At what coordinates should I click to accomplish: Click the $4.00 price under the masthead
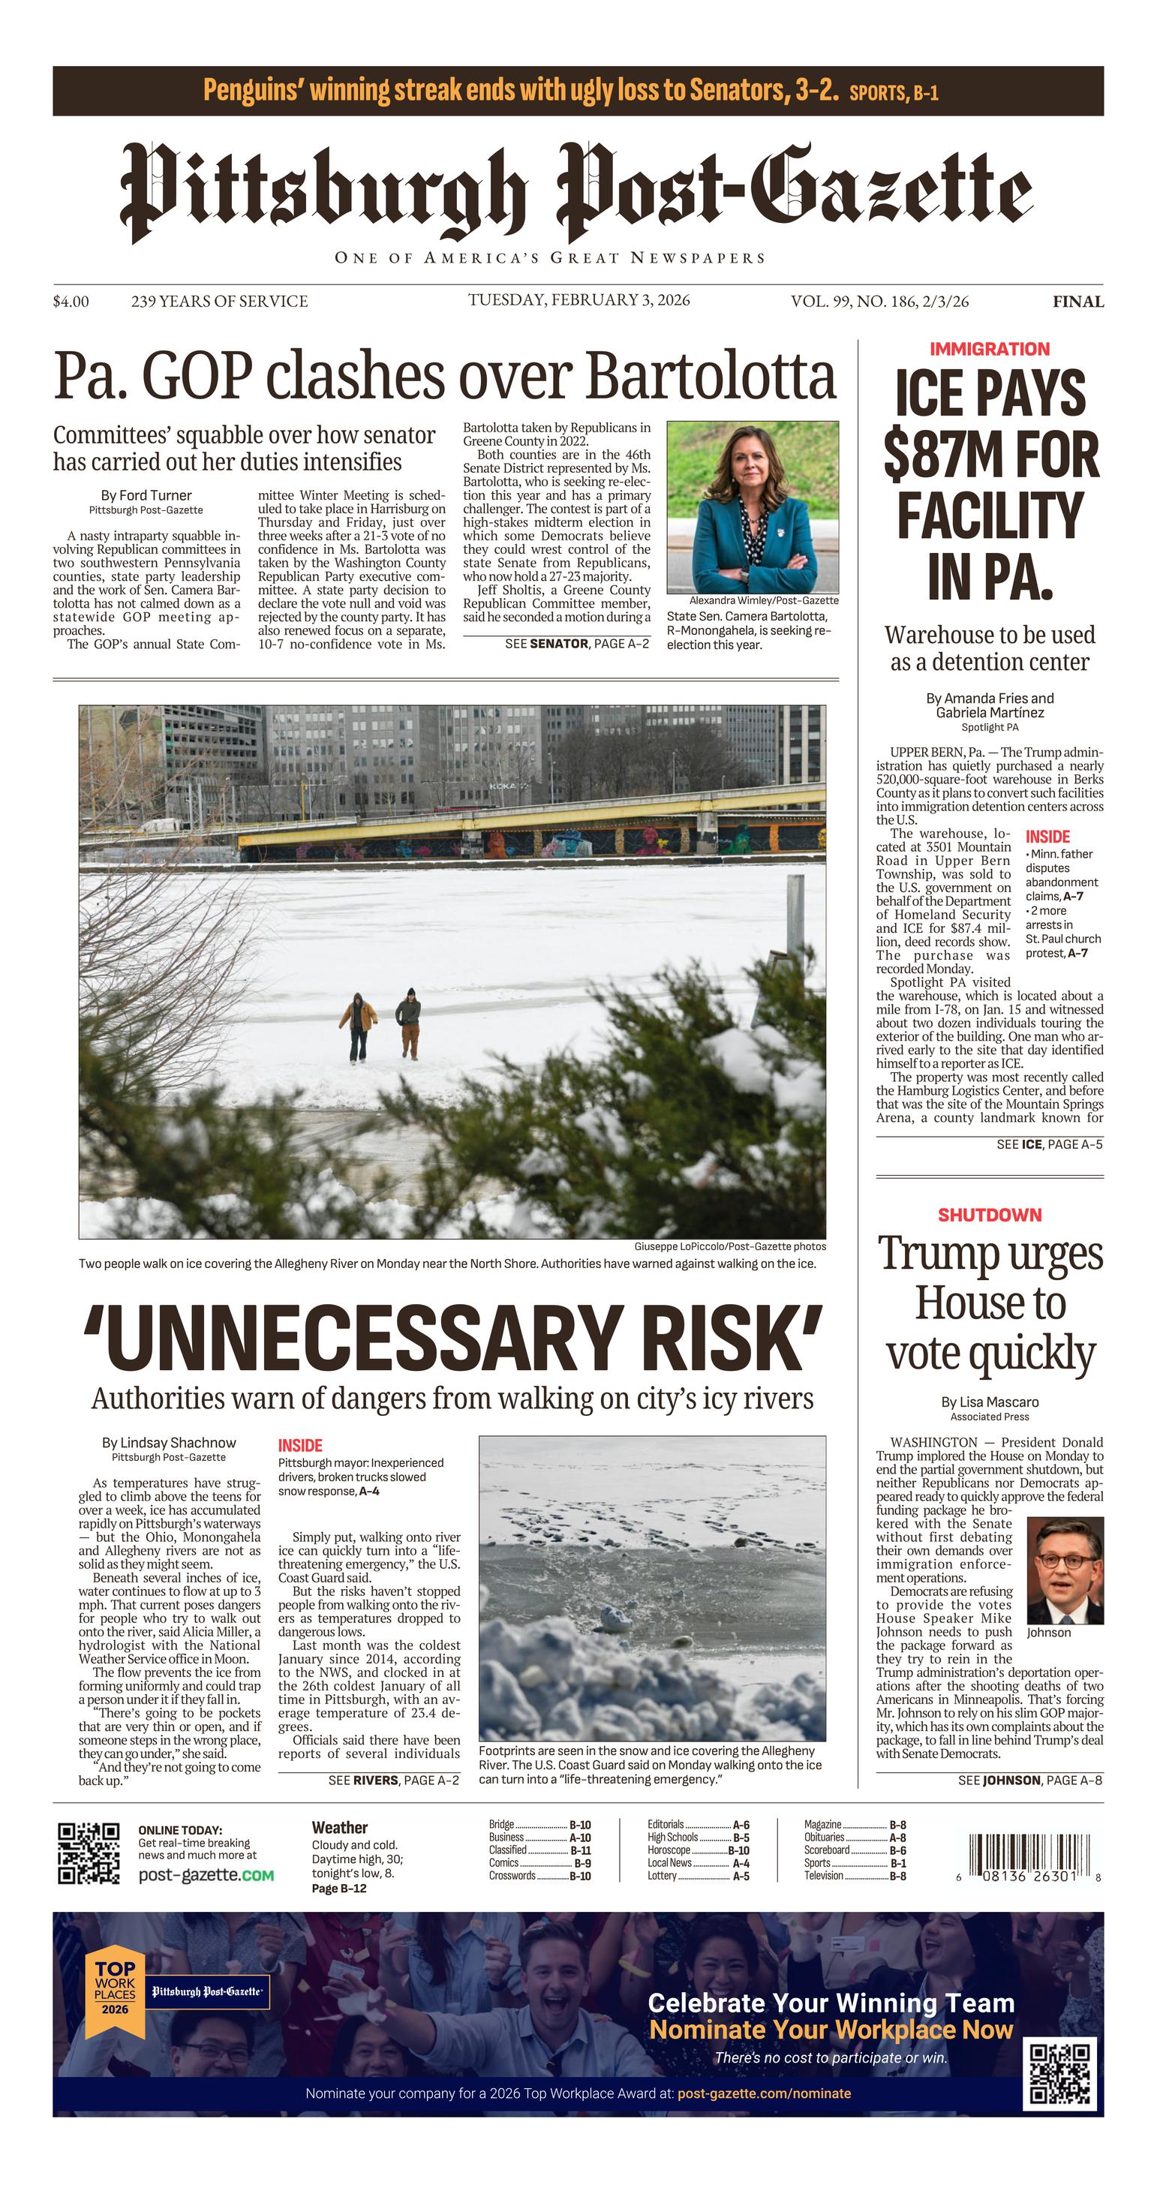point(71,301)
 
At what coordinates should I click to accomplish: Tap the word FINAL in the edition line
point(1078,302)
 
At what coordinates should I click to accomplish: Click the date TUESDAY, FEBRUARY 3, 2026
point(579,299)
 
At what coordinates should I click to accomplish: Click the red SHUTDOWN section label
point(990,1215)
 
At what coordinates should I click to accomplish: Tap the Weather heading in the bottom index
point(340,1827)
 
